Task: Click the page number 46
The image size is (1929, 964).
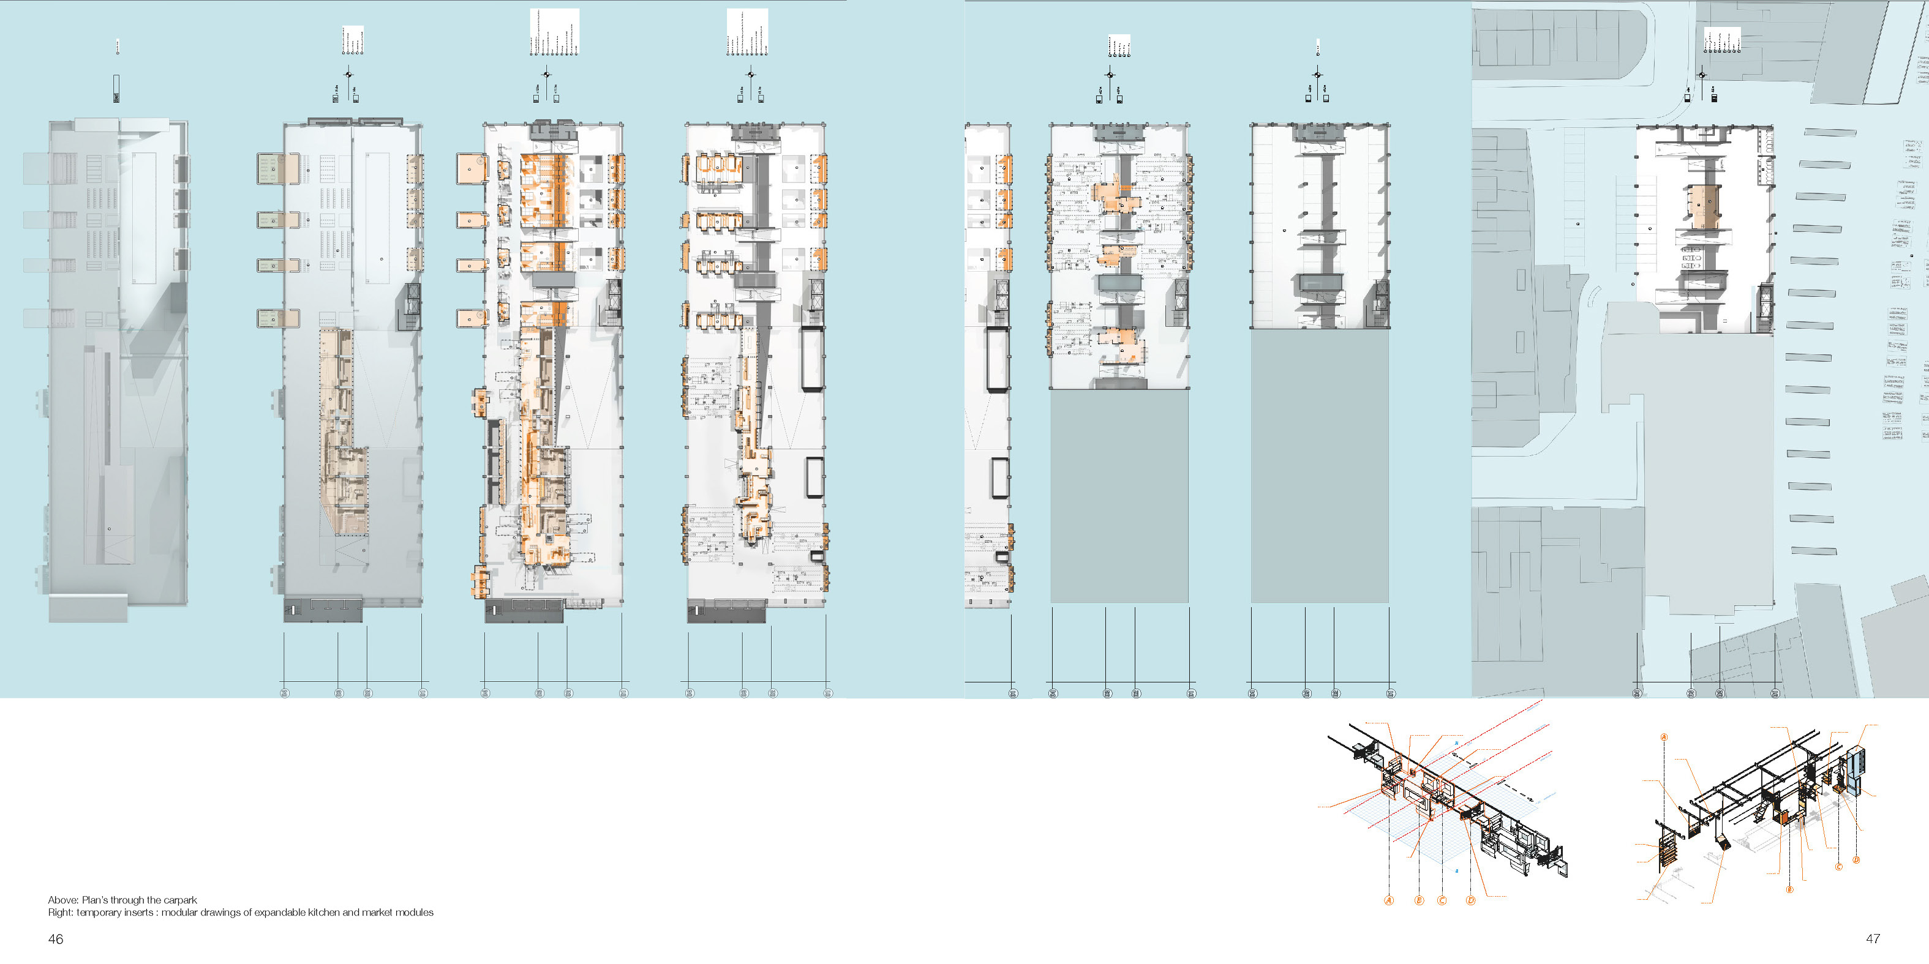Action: pos(55,938)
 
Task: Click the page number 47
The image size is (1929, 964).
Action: pos(1872,938)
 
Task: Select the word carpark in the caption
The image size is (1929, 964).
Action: pos(181,900)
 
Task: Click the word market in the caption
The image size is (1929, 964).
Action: pos(369,913)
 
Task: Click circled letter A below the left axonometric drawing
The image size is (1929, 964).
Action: pos(1389,900)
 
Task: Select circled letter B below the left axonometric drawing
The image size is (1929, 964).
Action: pos(1419,900)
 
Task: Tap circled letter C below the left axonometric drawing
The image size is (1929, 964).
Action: pos(1442,900)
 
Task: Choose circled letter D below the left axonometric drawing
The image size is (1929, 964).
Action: pos(1471,900)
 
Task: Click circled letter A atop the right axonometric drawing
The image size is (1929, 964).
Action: pos(1664,737)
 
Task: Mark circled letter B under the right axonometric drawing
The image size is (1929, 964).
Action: pos(1790,890)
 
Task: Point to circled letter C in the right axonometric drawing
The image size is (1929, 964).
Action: pos(1838,867)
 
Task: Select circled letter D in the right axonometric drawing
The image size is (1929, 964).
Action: pos(1856,860)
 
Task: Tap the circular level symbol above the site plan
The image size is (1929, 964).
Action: pos(1702,75)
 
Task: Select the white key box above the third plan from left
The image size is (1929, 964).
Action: pos(554,31)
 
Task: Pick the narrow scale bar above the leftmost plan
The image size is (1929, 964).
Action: pos(116,88)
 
